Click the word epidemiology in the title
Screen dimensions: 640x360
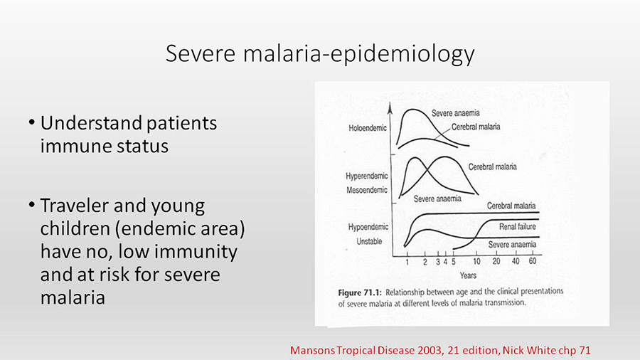pyautogui.click(x=402, y=54)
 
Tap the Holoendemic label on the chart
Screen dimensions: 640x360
pyautogui.click(x=368, y=128)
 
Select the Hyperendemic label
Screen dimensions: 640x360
pyautogui.click(x=366, y=176)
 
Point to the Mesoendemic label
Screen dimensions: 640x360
pyautogui.click(x=366, y=190)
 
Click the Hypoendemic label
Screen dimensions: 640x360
pyautogui.click(x=368, y=227)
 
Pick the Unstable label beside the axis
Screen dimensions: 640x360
pyautogui.click(x=369, y=241)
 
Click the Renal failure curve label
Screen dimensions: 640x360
pyautogui.click(x=517, y=226)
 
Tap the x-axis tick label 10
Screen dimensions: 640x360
pyautogui.click(x=476, y=262)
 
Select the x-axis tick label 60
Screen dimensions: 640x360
pyautogui.click(x=532, y=261)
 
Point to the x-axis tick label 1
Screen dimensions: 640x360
pyautogui.click(x=407, y=262)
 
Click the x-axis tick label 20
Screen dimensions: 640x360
pyautogui.click(x=496, y=261)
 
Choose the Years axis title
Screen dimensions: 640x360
pyautogui.click(x=468, y=275)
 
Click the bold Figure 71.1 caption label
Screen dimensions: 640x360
pyautogui.click(x=360, y=292)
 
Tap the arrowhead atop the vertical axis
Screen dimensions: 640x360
pyautogui.click(x=390, y=107)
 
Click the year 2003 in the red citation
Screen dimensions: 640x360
pyautogui.click(x=430, y=351)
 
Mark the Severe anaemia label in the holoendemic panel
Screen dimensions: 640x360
pyautogui.click(x=456, y=113)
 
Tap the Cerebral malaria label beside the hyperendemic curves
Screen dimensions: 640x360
pyautogui.click(x=492, y=167)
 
